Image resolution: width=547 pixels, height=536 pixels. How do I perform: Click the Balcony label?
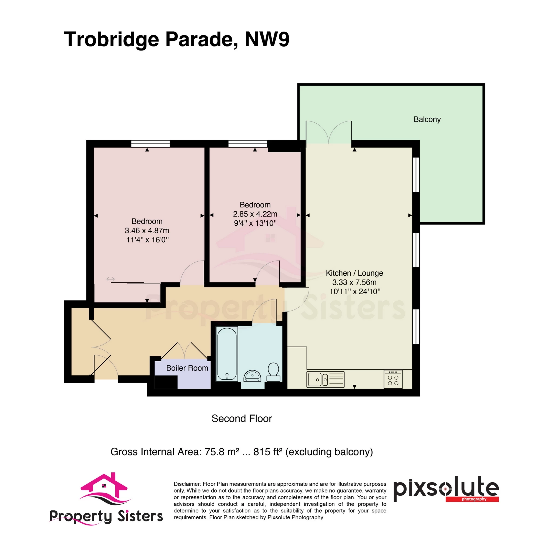[427, 119]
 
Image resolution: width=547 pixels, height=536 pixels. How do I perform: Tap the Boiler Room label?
[187, 368]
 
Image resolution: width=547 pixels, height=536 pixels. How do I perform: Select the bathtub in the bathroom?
[227, 353]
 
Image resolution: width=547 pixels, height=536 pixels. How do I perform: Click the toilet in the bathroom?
[273, 372]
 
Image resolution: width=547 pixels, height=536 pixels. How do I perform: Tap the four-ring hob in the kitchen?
[393, 379]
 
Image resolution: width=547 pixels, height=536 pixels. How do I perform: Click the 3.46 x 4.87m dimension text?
[147, 231]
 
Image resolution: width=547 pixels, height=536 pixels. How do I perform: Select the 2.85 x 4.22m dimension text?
[255, 214]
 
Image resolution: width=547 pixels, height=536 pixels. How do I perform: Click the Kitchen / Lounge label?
[354, 273]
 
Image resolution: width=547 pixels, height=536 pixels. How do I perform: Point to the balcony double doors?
[329, 132]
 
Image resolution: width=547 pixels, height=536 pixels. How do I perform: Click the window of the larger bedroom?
[150, 144]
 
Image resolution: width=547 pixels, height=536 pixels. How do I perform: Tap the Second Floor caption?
[242, 419]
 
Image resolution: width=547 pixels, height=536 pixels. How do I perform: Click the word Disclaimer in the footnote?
[187, 484]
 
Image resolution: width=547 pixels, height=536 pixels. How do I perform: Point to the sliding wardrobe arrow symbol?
[110, 279]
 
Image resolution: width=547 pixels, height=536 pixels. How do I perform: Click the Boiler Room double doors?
[184, 350]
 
